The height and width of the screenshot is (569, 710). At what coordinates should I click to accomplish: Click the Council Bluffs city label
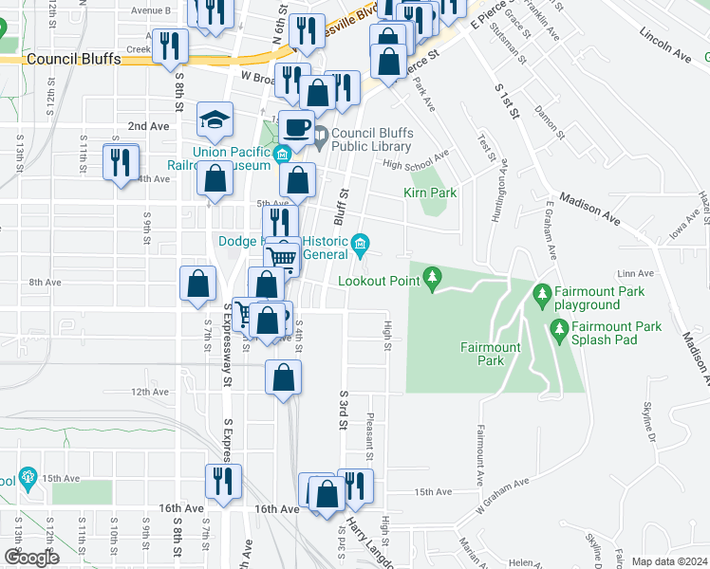tap(74, 59)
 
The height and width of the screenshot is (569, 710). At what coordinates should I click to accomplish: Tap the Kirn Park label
tap(430, 193)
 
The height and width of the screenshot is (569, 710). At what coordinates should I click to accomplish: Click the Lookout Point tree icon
tap(433, 277)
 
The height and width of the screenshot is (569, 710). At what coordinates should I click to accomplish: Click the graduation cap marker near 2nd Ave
tap(215, 120)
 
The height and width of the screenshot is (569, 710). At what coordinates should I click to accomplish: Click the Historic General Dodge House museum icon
tap(360, 246)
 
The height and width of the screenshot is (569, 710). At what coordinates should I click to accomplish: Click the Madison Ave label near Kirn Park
tap(589, 210)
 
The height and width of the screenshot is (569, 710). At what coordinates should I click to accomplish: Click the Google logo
tap(31, 558)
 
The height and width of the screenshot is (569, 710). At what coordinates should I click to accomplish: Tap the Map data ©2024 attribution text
tap(668, 561)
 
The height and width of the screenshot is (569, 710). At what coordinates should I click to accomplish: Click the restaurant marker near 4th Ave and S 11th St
tap(121, 162)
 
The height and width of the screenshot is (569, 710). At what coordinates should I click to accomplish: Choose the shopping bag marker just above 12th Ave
tap(284, 378)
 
